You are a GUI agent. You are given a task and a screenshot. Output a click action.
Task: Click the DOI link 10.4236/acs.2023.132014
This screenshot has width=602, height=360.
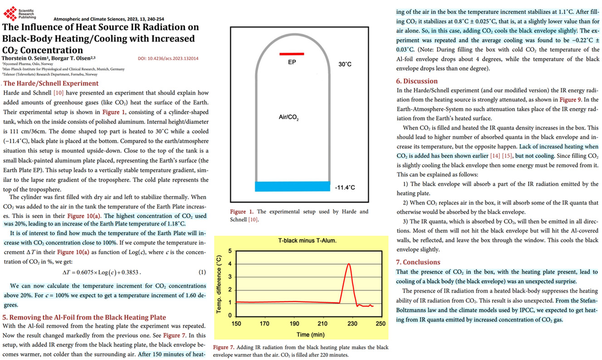[168, 58]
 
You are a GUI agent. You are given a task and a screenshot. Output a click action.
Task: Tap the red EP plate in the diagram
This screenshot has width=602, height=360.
[291, 54]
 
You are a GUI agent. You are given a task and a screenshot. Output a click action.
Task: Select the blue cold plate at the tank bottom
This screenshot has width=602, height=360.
[292, 186]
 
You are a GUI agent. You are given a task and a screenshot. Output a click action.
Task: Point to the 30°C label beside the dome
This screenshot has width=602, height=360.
[345, 65]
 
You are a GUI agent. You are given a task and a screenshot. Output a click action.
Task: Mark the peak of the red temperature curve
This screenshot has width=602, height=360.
[348, 264]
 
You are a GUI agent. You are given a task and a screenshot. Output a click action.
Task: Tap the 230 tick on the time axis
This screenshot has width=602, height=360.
[352, 324]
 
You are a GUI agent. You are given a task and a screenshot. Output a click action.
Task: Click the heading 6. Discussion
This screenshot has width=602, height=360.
[417, 81]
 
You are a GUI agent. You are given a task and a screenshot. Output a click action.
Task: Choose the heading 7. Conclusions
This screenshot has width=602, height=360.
[418, 262]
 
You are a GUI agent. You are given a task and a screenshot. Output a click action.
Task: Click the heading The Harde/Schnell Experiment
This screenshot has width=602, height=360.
[51, 83]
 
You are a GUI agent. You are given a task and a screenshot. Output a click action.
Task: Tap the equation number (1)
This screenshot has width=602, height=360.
[202, 272]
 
